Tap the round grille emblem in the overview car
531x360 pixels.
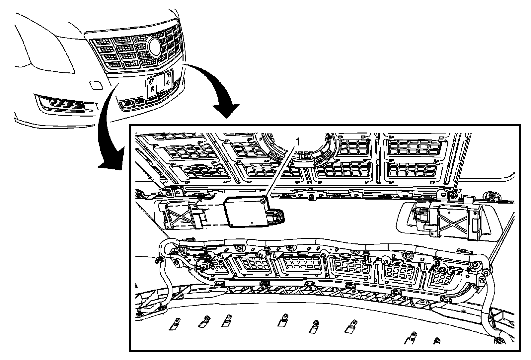155,47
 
